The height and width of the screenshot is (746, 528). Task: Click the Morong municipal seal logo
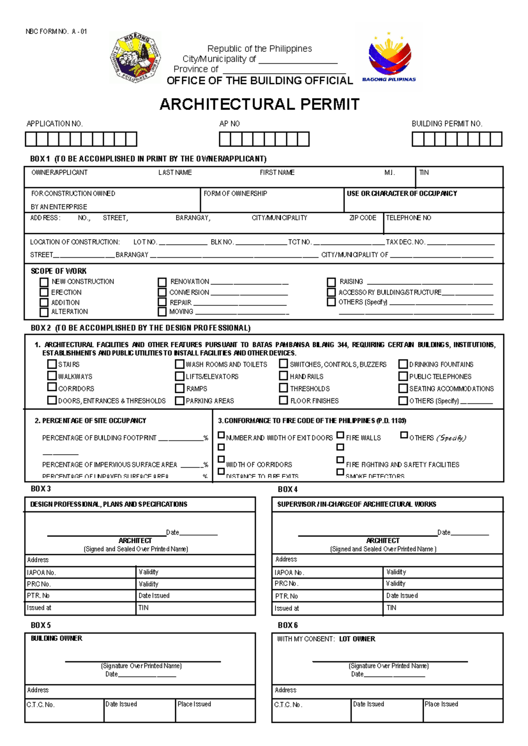coord(135,58)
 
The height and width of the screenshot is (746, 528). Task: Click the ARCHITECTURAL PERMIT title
coord(259,105)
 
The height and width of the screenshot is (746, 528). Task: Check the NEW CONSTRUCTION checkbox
coord(44,282)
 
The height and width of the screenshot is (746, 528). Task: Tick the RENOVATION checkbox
coord(162,282)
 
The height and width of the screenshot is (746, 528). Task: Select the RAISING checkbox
coord(331,282)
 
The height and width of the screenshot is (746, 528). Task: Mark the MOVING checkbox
coord(162,312)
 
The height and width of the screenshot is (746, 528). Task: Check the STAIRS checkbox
coord(52,364)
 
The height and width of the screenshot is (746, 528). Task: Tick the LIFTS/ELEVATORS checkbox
coord(180,377)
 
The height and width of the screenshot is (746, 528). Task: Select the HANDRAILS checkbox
coord(284,376)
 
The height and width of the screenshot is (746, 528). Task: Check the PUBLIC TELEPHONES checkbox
coord(403,377)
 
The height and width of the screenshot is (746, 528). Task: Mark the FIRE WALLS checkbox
coord(340,435)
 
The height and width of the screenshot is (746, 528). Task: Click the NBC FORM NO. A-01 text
coord(56,32)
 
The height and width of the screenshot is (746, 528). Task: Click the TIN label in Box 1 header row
coord(424,172)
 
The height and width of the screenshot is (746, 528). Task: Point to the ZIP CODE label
coord(363,218)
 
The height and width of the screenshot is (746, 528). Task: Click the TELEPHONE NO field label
coord(408,218)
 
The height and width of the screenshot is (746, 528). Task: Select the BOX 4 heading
coord(288,489)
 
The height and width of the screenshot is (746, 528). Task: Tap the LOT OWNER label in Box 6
coord(357,639)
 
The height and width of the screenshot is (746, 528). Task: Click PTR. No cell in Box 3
coord(81,596)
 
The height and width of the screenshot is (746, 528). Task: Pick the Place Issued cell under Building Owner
coord(215,709)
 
